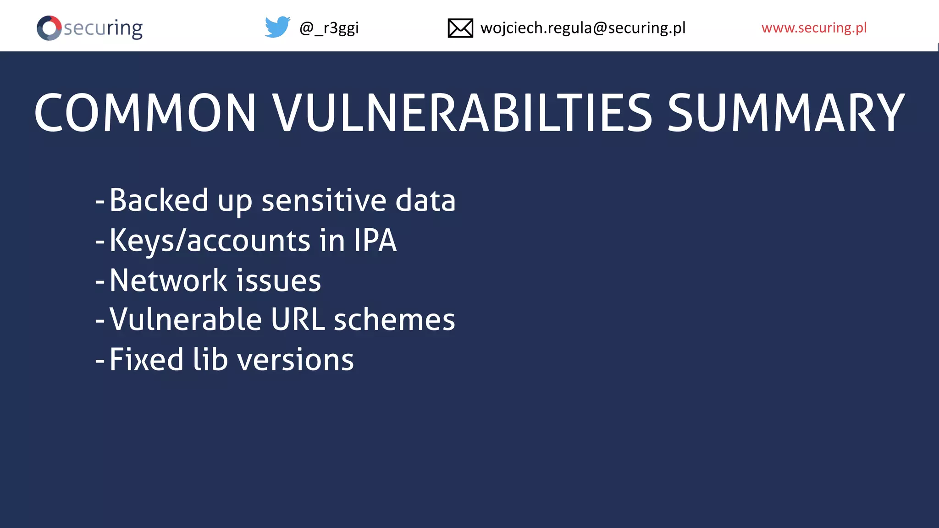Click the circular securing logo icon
tap(49, 28)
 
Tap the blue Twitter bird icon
tap(277, 27)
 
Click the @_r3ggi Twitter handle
tap(329, 28)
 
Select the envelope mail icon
tap(460, 28)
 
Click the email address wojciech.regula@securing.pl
tap(583, 28)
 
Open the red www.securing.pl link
tap(814, 28)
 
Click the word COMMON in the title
tap(145, 113)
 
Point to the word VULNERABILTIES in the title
tap(462, 113)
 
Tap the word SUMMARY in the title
tap(785, 113)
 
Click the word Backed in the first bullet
tap(159, 200)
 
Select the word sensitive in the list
tap(324, 201)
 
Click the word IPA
tap(375, 241)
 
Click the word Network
tap(168, 280)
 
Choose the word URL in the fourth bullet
tap(298, 319)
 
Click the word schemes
tap(394, 319)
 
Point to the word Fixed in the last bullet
tap(146, 359)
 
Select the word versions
tap(296, 360)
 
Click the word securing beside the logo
tap(103, 28)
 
